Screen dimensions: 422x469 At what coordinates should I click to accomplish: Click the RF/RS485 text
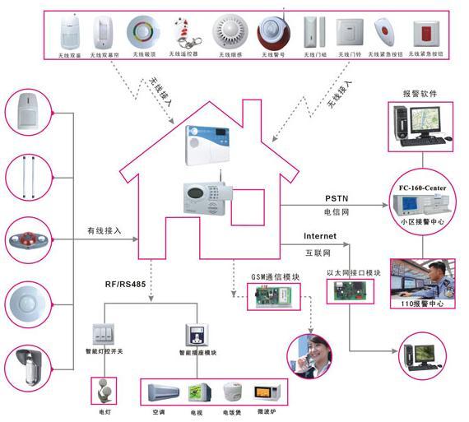(124, 285)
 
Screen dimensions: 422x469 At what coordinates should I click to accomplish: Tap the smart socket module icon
(196, 335)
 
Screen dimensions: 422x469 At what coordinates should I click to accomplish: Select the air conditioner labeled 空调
(160, 391)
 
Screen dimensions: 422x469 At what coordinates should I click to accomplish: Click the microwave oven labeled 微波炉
(264, 393)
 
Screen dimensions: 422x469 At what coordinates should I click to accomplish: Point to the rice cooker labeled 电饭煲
(233, 392)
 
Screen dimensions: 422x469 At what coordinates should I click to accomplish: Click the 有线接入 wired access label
(104, 230)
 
